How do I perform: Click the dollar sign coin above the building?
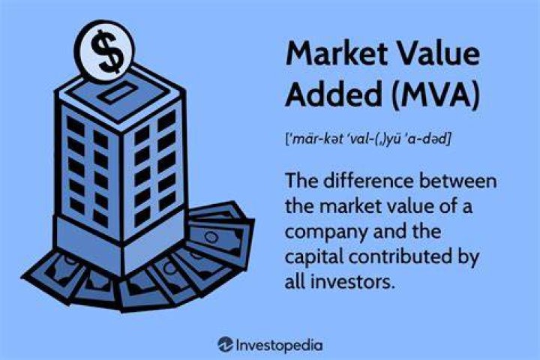click(x=105, y=51)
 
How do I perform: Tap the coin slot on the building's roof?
click(x=117, y=94)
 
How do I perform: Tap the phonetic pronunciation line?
click(x=367, y=139)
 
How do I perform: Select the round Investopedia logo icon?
click(x=225, y=344)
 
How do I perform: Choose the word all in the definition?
click(x=295, y=282)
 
